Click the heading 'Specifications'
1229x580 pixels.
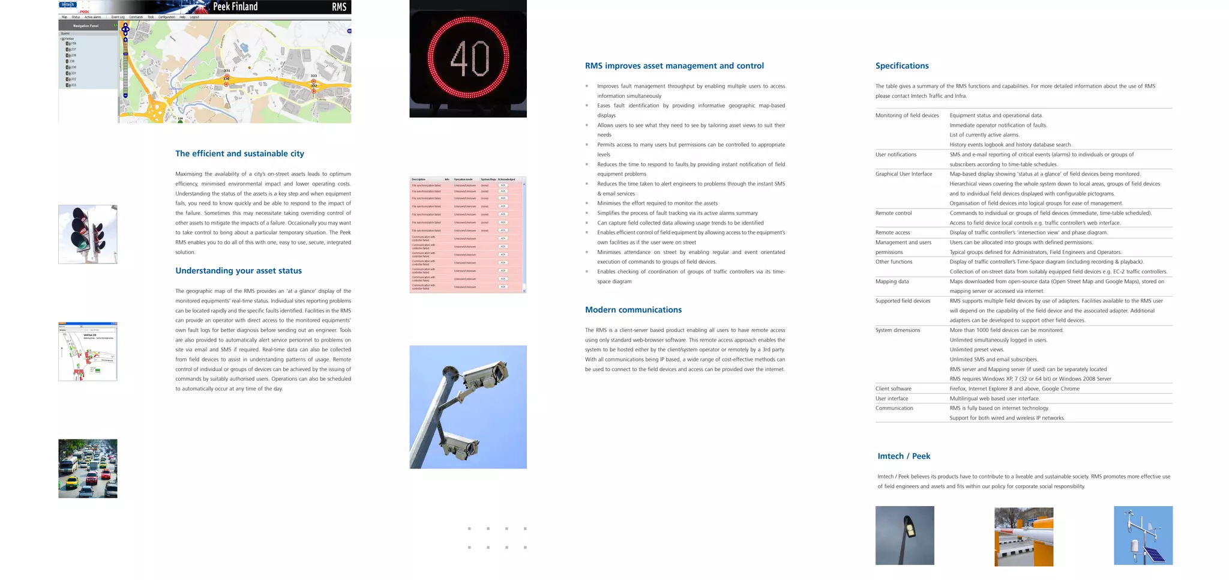901,66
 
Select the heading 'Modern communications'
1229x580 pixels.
633,310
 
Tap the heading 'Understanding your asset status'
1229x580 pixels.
238,271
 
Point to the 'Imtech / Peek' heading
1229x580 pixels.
903,456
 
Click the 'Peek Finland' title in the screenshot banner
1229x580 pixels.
235,7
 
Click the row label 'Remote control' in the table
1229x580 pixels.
893,213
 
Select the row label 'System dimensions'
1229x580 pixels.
897,330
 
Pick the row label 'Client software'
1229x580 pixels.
893,388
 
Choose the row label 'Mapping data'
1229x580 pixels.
892,282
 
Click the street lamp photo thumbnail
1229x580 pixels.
904,535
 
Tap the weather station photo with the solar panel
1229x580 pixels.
1143,535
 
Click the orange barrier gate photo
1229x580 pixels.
1023,537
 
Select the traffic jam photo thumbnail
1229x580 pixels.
88,468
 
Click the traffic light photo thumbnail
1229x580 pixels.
88,234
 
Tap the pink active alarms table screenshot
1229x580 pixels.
467,235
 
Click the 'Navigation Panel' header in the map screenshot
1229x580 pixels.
86,26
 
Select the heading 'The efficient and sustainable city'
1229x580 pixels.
239,154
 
